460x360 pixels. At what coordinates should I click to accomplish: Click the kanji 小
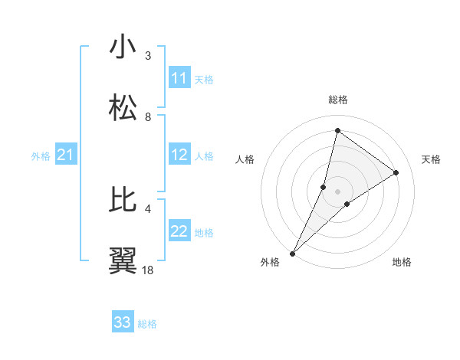click(x=123, y=47)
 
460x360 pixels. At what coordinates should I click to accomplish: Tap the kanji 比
click(x=123, y=200)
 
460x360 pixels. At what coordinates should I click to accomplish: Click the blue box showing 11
click(x=179, y=78)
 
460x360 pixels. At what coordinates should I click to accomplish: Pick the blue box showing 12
click(x=179, y=155)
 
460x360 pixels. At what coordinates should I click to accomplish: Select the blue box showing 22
click(x=179, y=232)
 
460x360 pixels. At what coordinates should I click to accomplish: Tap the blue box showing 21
click(x=66, y=155)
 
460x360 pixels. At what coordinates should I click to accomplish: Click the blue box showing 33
click(x=123, y=322)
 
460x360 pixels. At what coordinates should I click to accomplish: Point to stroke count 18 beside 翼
click(x=148, y=270)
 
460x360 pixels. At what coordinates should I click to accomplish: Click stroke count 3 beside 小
click(x=148, y=55)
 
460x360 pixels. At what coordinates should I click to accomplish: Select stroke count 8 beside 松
click(x=148, y=116)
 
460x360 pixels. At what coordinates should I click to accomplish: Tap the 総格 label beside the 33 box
click(x=147, y=324)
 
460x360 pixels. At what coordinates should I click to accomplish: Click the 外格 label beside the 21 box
click(x=41, y=156)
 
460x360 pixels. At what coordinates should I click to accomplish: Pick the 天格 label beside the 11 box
click(x=204, y=79)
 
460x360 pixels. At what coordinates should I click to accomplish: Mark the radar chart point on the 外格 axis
click(x=292, y=254)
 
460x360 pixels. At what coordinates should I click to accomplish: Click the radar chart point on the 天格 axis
click(x=396, y=172)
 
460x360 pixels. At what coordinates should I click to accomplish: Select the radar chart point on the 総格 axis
click(x=337, y=130)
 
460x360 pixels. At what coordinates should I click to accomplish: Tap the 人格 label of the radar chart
click(x=245, y=159)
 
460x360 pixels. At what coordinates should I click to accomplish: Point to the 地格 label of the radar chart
click(x=402, y=262)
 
